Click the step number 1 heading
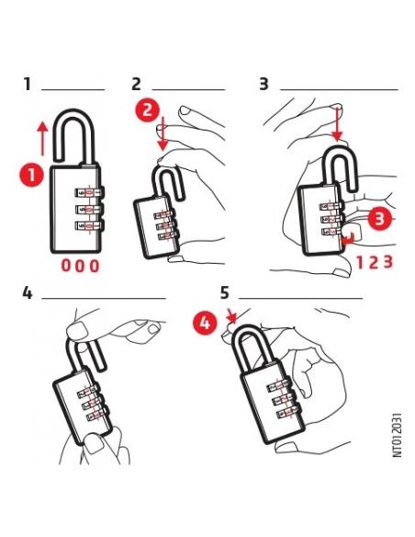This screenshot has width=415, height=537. click(28, 85)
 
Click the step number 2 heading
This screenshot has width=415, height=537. click(137, 85)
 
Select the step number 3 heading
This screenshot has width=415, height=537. click(264, 85)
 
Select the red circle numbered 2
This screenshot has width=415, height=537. click(146, 109)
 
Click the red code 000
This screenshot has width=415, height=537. click(80, 266)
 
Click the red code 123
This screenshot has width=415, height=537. click(375, 261)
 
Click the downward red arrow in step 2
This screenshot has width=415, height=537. click(162, 135)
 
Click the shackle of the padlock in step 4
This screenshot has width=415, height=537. click(78, 345)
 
